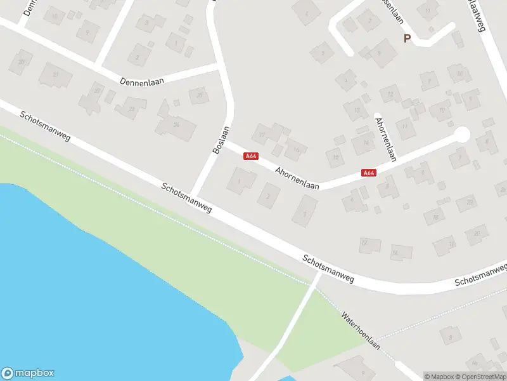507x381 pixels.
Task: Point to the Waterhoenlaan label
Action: click(360, 330)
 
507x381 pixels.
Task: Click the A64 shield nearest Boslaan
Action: click(251, 156)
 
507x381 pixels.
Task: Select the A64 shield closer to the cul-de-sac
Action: click(369, 172)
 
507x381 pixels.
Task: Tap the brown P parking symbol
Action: click(408, 39)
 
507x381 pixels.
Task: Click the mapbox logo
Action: click(28, 373)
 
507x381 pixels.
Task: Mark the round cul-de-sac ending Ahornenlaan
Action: click(462, 135)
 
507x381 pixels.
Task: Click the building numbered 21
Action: click(55, 75)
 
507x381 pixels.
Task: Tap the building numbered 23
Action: click(132, 109)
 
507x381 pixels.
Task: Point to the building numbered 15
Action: click(335, 157)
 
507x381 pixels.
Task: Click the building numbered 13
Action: click(357, 110)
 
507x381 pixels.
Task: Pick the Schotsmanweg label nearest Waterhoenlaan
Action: click(328, 269)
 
